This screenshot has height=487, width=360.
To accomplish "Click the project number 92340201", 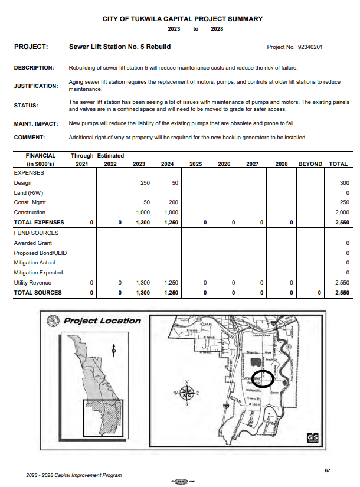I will [x=310, y=47].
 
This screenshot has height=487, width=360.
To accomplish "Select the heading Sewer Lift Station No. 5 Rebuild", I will [x=120, y=46].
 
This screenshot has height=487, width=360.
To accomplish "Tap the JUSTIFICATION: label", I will [x=36, y=86].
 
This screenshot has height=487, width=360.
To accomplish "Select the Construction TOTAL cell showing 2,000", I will [x=341, y=213].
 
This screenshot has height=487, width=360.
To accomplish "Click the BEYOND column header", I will [x=310, y=164].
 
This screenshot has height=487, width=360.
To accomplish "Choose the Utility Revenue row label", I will [x=32, y=283].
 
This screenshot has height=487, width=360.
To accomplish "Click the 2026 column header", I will [x=224, y=164].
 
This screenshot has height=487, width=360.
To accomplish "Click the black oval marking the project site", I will [x=262, y=377].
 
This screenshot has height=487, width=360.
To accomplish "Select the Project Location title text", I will [x=102, y=321].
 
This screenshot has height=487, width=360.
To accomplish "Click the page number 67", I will [x=328, y=470].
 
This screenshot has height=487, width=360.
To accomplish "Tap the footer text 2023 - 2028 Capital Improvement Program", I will [x=74, y=475].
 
